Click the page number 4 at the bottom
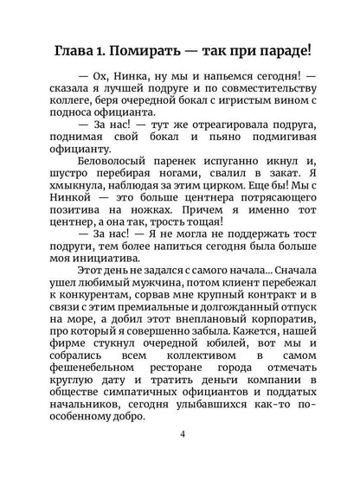[x=180, y=458]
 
